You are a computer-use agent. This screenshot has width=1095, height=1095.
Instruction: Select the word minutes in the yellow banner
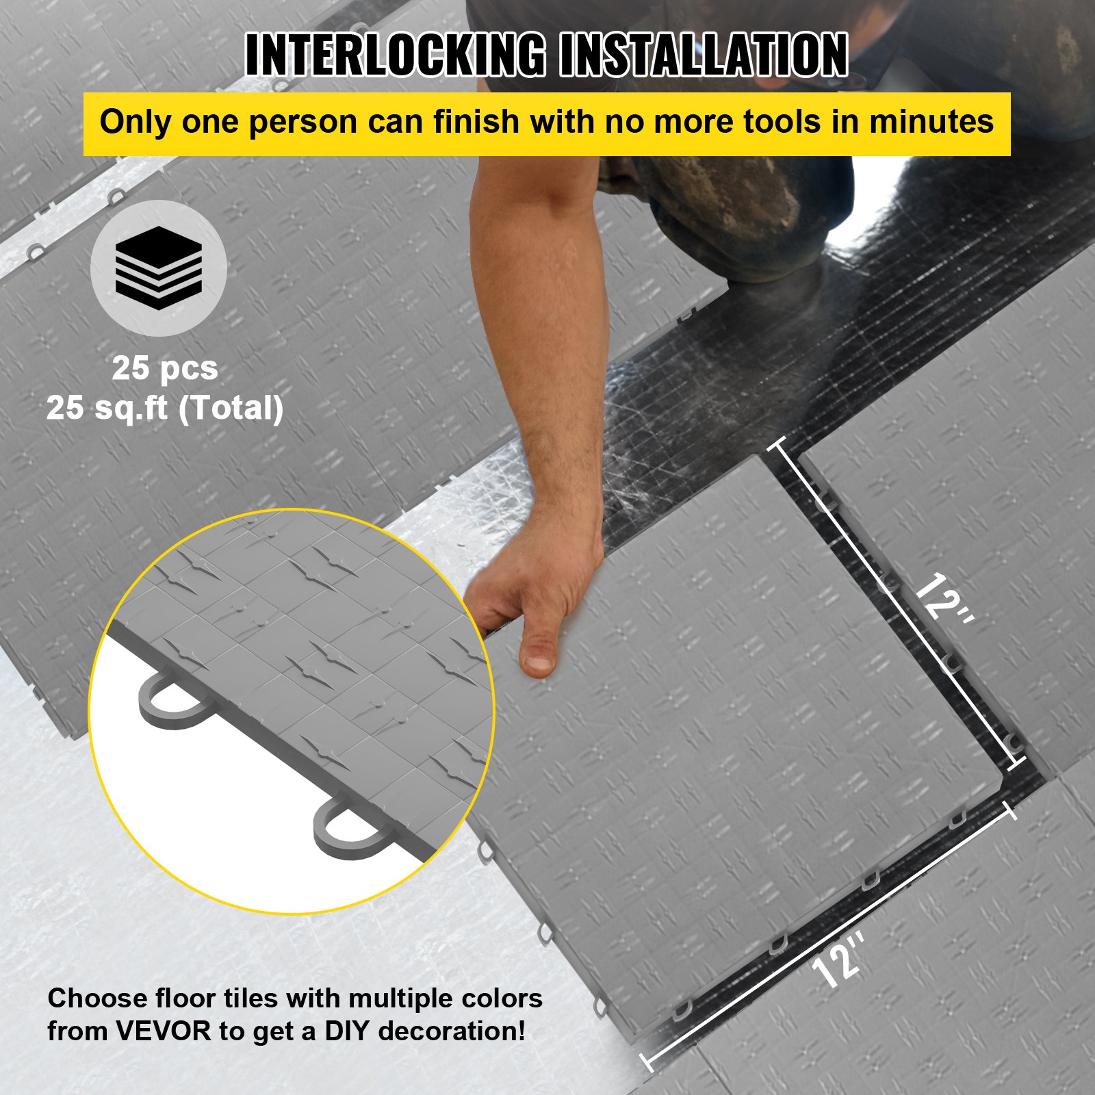tap(931, 122)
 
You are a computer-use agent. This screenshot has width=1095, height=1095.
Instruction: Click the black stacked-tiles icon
tap(159, 268)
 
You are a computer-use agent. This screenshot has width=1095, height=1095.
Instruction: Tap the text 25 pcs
tap(165, 368)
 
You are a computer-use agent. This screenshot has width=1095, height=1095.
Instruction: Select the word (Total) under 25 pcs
tap(231, 409)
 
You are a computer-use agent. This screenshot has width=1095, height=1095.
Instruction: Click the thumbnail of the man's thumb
tap(540, 661)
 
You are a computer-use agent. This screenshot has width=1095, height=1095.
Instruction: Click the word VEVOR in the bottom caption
tap(164, 1031)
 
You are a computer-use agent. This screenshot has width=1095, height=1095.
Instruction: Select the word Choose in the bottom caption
tap(96, 998)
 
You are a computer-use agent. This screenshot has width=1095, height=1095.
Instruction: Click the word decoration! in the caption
tap(452, 1031)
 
